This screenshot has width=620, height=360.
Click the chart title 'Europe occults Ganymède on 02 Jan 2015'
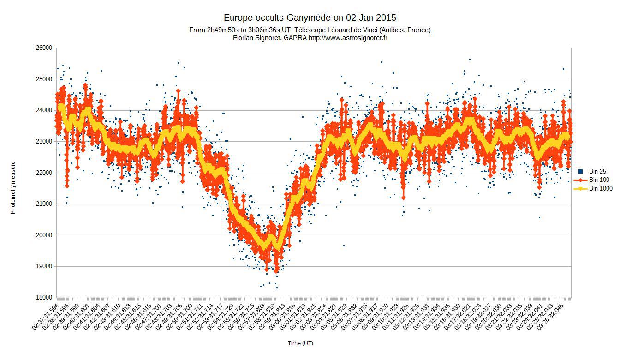(x=310, y=18)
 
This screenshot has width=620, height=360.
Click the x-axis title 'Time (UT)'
(x=300, y=343)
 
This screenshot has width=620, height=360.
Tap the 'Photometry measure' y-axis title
(x=13, y=187)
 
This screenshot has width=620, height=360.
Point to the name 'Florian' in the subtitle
(x=245, y=38)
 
